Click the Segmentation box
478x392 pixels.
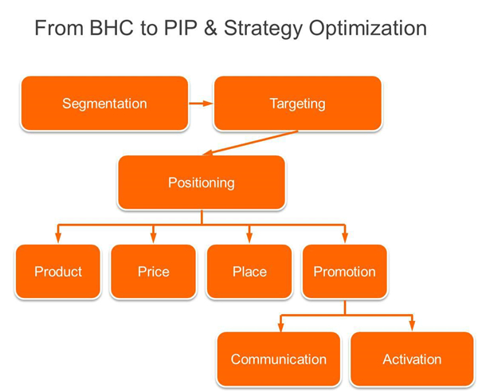point(104,104)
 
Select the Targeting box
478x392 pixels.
point(297,104)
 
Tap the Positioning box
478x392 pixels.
point(202,182)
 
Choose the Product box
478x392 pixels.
point(58,271)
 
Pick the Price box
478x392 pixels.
point(153,271)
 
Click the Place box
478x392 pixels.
point(249,271)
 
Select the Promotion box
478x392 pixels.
point(345,271)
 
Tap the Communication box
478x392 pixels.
point(279,359)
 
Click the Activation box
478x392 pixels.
point(412,359)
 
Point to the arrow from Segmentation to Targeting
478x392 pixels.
point(201,104)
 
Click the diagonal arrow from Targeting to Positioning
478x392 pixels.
point(250,143)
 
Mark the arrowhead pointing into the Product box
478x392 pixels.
point(58,238)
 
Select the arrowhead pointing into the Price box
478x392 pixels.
point(153,238)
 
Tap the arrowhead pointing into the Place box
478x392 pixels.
point(249,238)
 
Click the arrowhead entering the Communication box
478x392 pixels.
point(280,327)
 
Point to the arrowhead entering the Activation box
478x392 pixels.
point(412,327)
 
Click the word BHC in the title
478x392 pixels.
point(112,28)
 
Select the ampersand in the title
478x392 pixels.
point(210,28)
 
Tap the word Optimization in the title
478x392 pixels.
point(367,29)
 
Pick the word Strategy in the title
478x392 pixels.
point(263,29)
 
